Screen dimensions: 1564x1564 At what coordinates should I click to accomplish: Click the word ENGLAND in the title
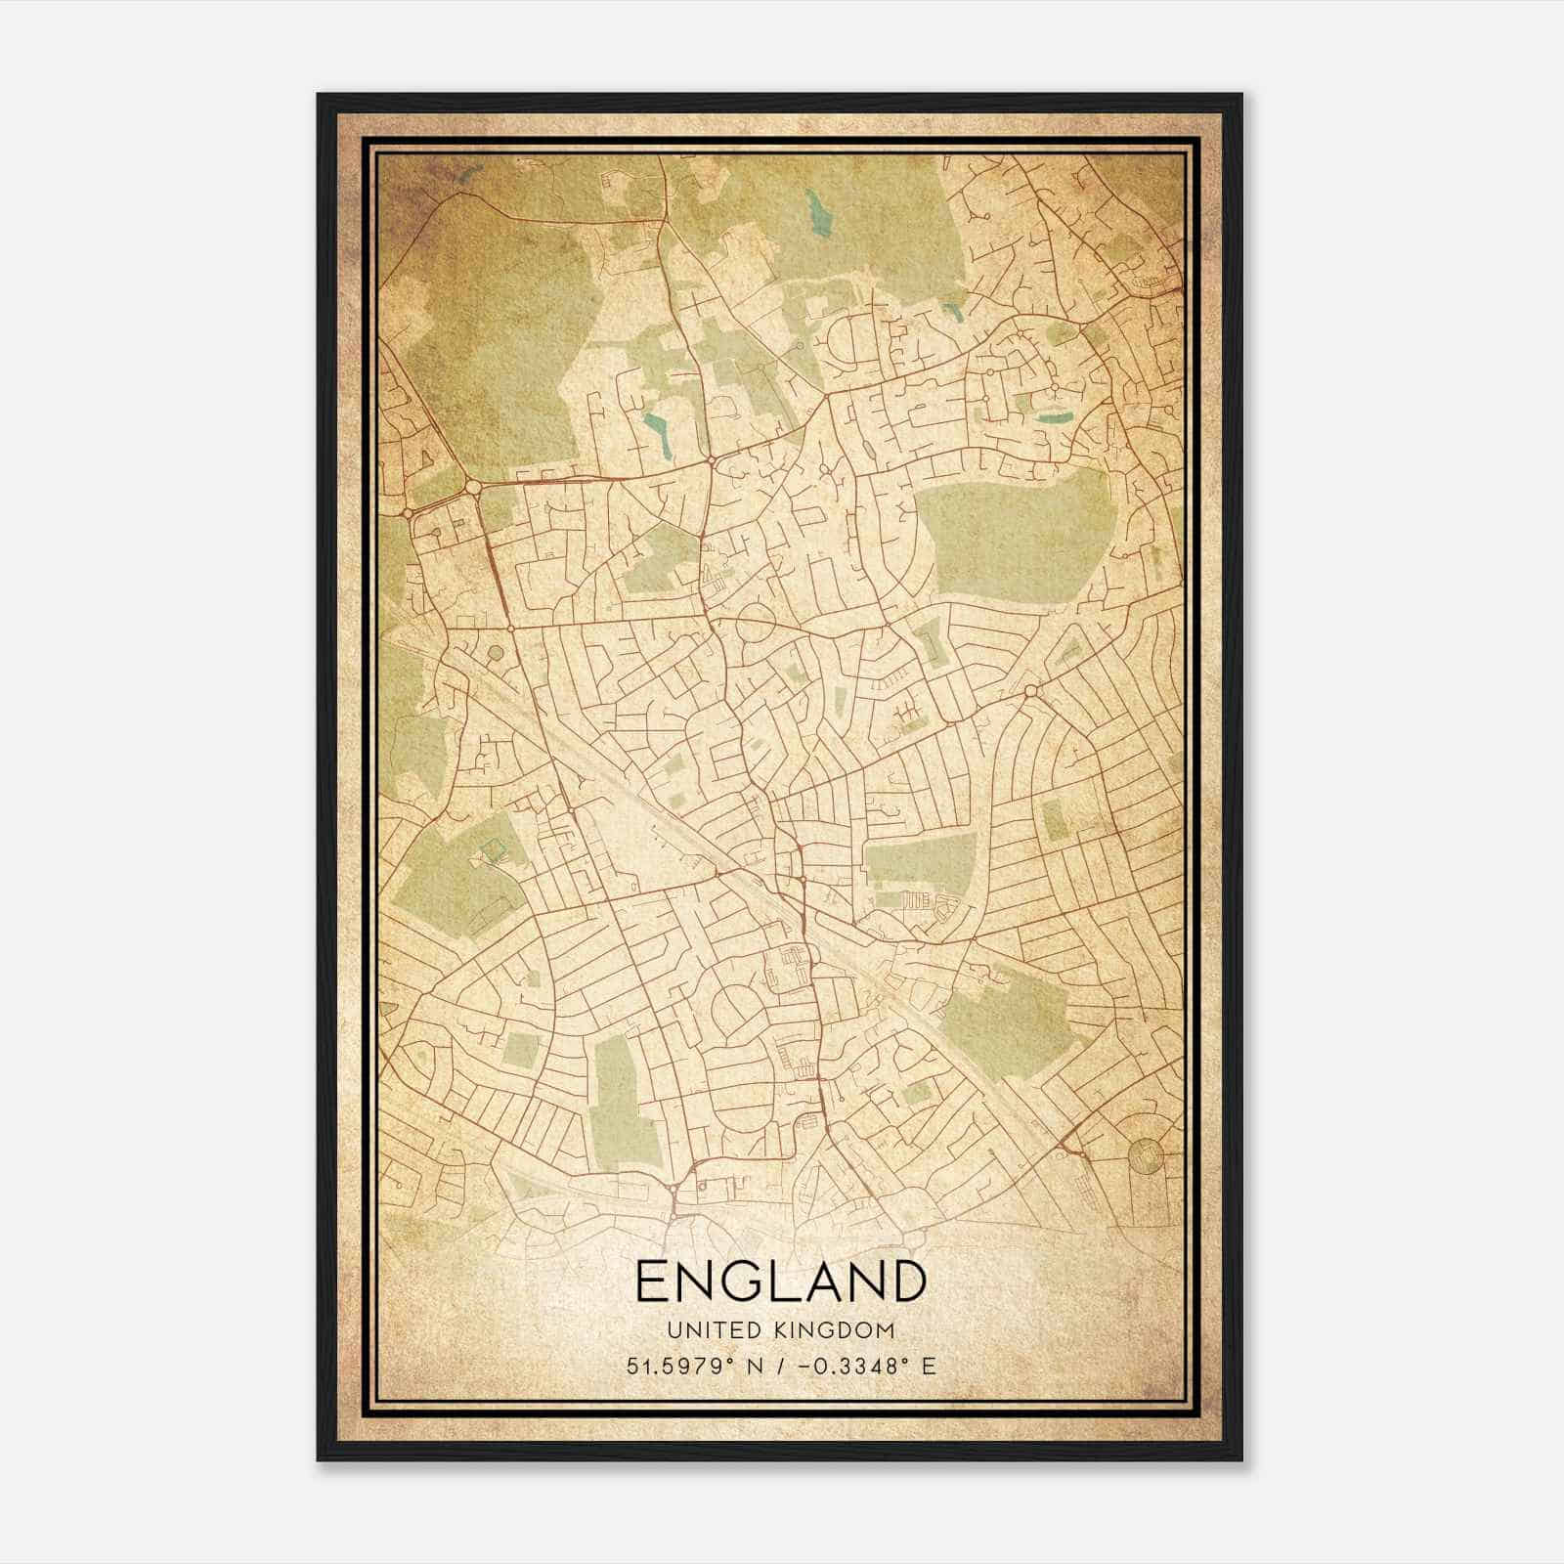pyautogui.click(x=780, y=1282)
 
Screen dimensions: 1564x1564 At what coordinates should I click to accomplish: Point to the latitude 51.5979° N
pyautogui.click(x=694, y=1366)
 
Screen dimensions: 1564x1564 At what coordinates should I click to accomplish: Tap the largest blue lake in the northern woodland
pyautogui.click(x=814, y=211)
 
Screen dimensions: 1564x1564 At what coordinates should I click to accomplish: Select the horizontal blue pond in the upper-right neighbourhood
pyautogui.click(x=1053, y=418)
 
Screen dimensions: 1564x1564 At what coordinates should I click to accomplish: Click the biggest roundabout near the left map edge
pyautogui.click(x=473, y=486)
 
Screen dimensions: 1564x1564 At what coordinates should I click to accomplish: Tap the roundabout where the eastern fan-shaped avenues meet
pyautogui.click(x=1032, y=692)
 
